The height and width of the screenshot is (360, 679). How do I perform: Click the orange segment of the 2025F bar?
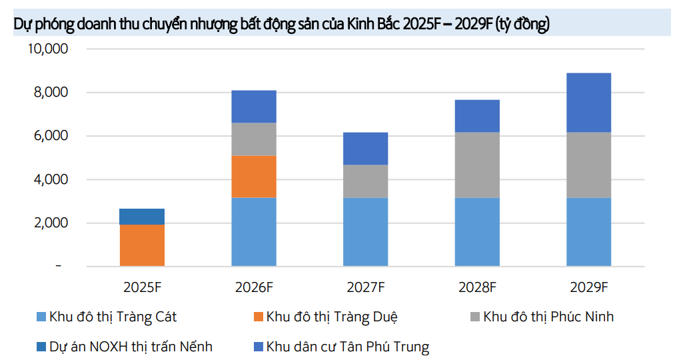(x=142, y=245)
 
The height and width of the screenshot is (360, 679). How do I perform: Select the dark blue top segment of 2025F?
(x=142, y=217)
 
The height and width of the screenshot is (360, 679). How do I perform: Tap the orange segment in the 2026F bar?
(x=254, y=177)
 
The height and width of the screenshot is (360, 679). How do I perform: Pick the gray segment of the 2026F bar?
(x=254, y=139)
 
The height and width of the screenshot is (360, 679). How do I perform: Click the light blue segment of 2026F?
(x=254, y=232)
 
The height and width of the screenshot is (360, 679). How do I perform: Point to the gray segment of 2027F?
(x=365, y=181)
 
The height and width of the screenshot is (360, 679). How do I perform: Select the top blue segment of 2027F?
(x=365, y=149)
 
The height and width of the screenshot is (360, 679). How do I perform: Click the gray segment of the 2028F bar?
(x=477, y=165)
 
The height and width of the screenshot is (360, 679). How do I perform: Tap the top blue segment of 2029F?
(x=589, y=103)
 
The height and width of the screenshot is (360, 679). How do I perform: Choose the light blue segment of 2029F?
(x=589, y=232)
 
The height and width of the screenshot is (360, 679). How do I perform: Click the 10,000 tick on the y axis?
(x=48, y=49)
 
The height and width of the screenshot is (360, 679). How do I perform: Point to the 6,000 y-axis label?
(x=51, y=136)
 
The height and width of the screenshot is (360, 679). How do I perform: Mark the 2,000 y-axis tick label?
(x=51, y=223)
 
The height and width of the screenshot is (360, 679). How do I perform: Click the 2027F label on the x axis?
(x=365, y=287)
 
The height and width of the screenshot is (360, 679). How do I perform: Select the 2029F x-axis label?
(x=589, y=287)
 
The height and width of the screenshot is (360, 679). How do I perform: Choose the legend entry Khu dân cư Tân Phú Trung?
(x=347, y=347)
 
